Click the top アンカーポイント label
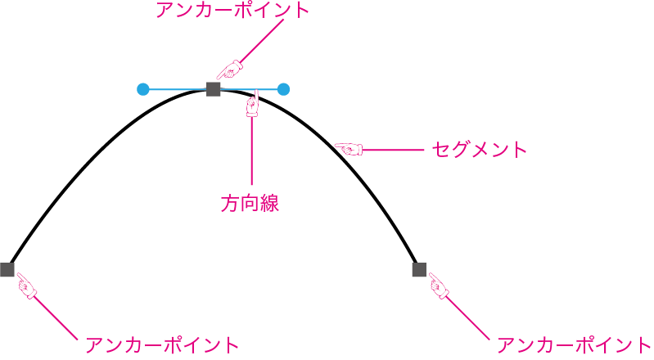tap(233, 11)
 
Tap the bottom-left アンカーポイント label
tap(162, 344)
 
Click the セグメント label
tap(478, 150)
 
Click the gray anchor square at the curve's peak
tap(214, 89)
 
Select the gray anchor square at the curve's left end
tap(7, 269)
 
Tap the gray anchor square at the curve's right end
tap(419, 269)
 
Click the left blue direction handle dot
tap(143, 89)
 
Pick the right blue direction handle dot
tap(283, 89)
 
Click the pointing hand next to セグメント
tap(349, 149)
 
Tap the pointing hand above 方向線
tap(253, 105)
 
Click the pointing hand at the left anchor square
tap(27, 286)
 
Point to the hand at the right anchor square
tap(438, 286)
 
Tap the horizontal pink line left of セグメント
tap(392, 150)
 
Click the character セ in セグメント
tap(440, 150)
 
